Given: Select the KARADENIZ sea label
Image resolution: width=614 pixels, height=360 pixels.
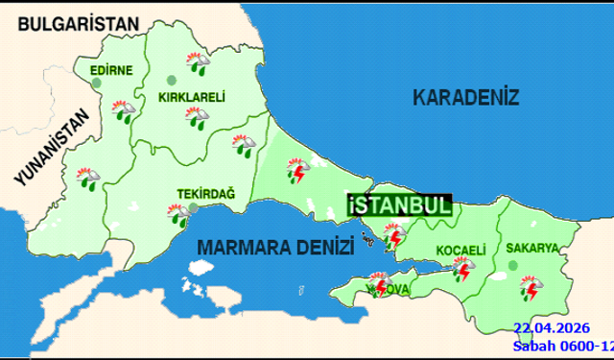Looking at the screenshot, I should coord(465,97).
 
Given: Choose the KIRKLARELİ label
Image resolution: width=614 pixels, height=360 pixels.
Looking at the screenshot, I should coord(192,96).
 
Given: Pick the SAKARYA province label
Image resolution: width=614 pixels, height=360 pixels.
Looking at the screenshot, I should coord(532,248).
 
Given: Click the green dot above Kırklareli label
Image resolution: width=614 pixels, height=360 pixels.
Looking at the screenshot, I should coord(172,80).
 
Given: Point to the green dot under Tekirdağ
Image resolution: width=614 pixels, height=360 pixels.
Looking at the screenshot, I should coord(194,206).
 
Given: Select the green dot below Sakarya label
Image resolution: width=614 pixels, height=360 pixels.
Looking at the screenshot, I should coord(526,261).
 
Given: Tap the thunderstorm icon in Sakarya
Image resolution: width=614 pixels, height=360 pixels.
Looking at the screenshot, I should coord(529,287).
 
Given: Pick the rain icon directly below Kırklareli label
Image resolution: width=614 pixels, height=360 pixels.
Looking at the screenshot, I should coord(201,118).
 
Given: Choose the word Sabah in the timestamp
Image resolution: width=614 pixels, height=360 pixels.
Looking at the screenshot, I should coord(534,346).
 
